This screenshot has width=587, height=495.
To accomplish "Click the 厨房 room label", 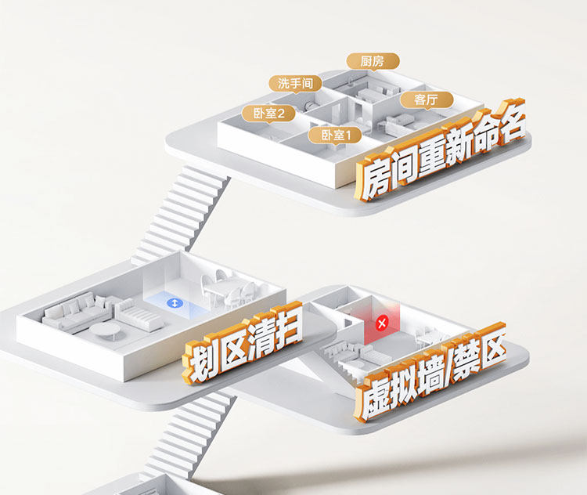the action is [373, 61].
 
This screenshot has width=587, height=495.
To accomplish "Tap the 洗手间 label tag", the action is [294, 82].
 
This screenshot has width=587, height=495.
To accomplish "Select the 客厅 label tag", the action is [426, 99].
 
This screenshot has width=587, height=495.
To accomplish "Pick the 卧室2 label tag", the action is [268, 114].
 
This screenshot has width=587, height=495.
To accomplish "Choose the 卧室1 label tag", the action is [336, 135].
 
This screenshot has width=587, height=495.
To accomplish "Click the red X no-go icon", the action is [382, 322].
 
